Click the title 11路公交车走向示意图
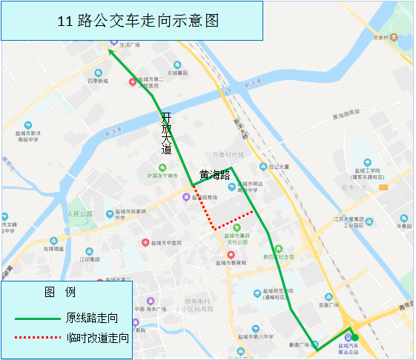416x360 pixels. [139, 21]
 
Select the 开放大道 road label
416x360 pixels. [166, 133]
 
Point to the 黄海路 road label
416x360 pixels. [214, 176]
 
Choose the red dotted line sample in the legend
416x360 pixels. [36, 338]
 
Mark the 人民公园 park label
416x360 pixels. [78, 214]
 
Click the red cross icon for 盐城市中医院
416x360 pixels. [145, 242]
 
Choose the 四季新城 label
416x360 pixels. [97, 81]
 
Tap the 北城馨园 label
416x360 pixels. [177, 73]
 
